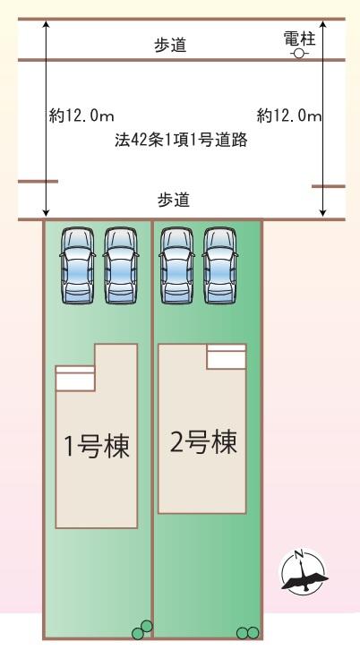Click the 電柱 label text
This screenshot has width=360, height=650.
pos(299,39)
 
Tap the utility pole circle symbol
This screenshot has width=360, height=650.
pos(298,54)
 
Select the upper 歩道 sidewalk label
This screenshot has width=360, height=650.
pos(171,45)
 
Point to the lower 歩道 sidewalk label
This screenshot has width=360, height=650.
pos(174,201)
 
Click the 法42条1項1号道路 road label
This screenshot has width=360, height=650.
pos(181,140)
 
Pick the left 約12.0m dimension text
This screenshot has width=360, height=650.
pos(81,115)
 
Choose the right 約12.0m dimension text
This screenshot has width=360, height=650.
pos(289,115)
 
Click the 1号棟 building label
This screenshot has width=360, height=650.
pos(97,447)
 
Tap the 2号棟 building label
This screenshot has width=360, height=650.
pos(203,442)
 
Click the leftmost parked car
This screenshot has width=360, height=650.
pos(78,265)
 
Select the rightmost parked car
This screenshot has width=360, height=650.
pos(219,265)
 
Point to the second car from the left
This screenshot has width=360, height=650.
pos(121,265)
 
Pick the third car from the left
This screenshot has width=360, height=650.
pos(176,265)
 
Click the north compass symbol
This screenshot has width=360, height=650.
pos(304,571)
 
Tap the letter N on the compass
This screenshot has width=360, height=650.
pos(298,554)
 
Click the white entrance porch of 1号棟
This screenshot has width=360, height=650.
pos(75,379)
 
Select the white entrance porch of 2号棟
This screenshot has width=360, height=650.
pos(227,356)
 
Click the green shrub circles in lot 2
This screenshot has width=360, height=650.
pos(247,633)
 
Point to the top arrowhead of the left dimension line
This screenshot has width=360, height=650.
pos(46,24)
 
